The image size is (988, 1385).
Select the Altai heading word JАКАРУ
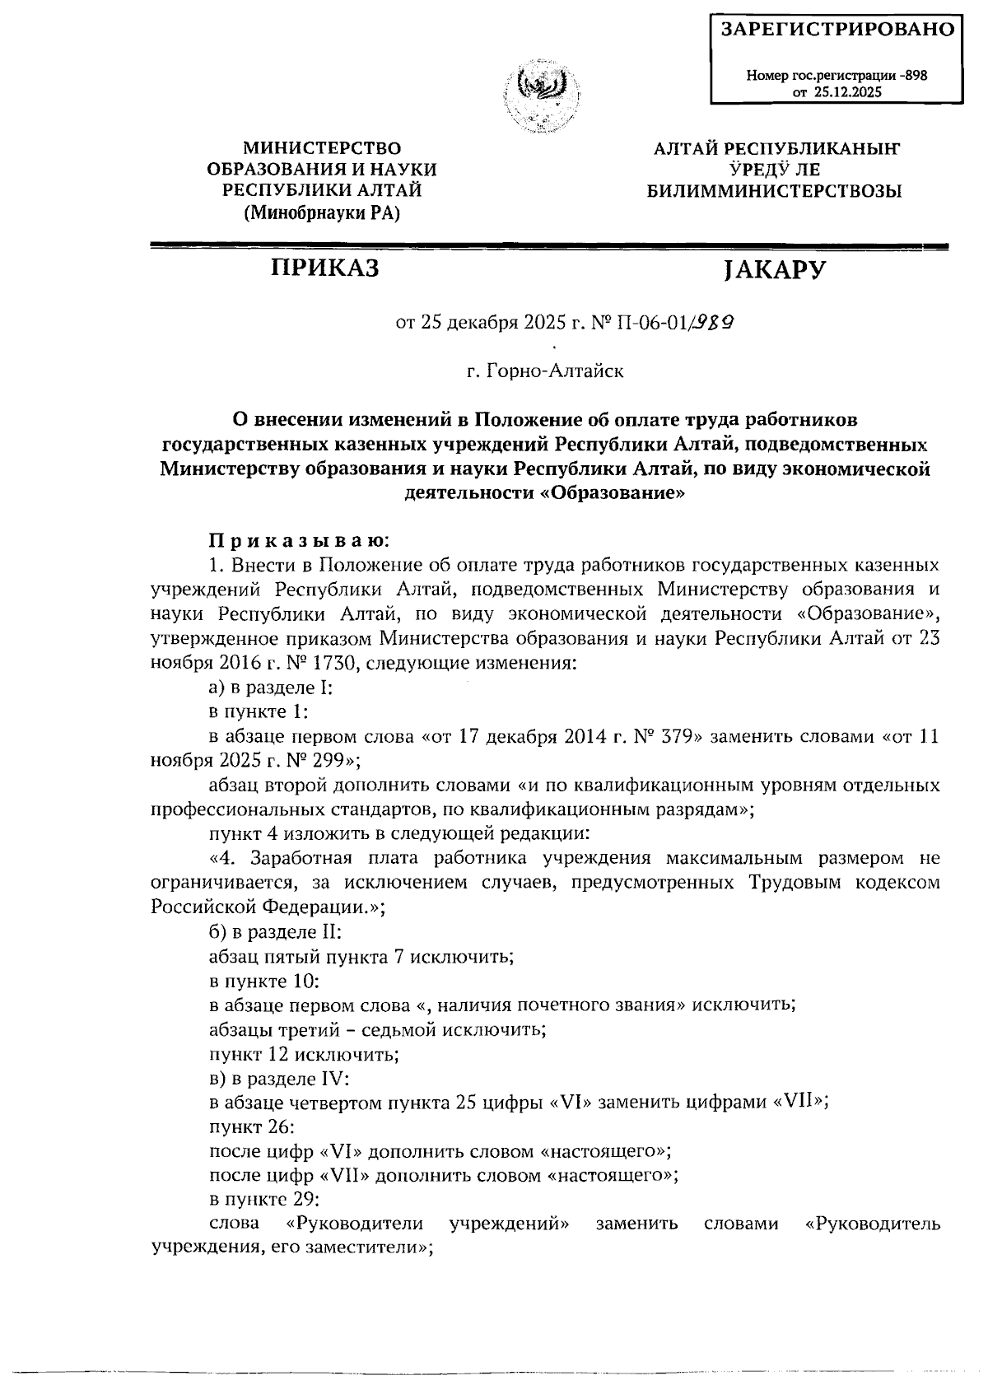click(x=772, y=270)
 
